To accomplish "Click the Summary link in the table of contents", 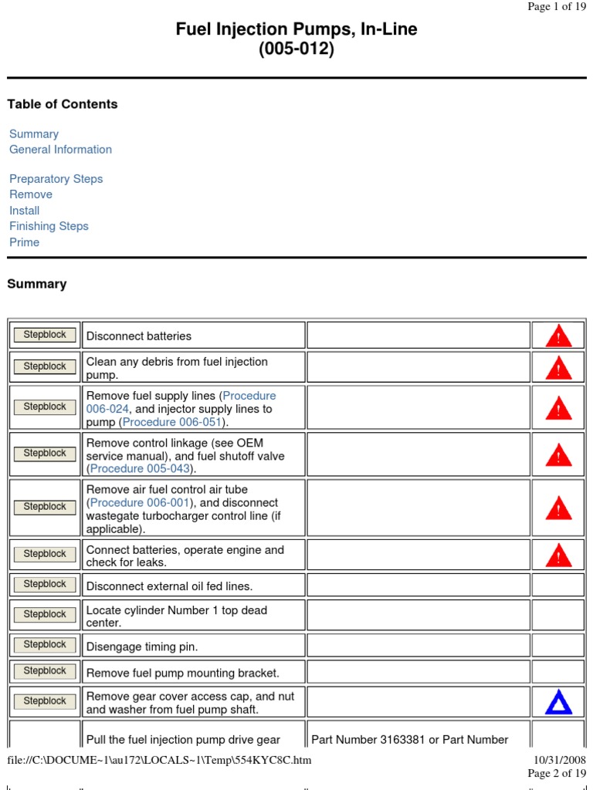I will (34, 134).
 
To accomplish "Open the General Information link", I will (60, 150).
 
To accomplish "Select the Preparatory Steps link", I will (56, 179).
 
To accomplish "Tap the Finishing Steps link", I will (49, 226).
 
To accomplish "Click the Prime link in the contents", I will (24, 242).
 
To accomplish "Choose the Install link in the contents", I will (24, 211).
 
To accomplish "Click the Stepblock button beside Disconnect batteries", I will (45, 335).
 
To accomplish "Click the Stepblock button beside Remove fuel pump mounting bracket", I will (45, 671).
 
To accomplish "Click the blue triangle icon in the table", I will (557, 701).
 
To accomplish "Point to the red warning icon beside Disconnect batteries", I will (557, 336).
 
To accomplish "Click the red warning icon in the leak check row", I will (557, 555).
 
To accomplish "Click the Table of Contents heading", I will (63, 104).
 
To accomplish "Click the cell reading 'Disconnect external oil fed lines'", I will (169, 586).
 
